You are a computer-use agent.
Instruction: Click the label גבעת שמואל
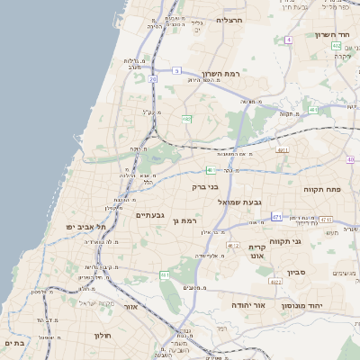[238, 203]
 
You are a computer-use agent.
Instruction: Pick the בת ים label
[15, 343]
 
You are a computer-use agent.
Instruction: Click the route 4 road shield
[288, 40]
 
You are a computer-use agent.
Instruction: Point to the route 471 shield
[275, 217]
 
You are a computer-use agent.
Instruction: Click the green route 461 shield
[165, 274]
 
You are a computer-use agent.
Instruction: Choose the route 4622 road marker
[275, 282]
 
